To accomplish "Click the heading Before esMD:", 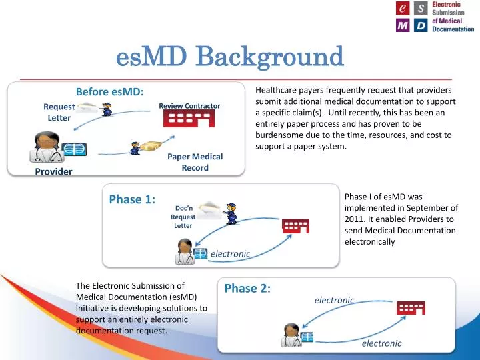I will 110,91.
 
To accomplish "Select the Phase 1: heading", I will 132,199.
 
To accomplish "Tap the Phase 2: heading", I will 247,288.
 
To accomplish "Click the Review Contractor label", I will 189,106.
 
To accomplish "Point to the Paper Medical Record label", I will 195,162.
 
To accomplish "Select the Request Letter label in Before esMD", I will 59,112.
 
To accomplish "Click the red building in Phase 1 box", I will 295,225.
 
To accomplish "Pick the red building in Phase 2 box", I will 411,307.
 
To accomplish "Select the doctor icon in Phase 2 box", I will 291,335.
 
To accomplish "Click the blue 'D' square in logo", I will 420,26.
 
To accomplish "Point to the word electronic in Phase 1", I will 230,254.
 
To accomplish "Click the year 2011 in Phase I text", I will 354,219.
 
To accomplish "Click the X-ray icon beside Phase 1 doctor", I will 201,255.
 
